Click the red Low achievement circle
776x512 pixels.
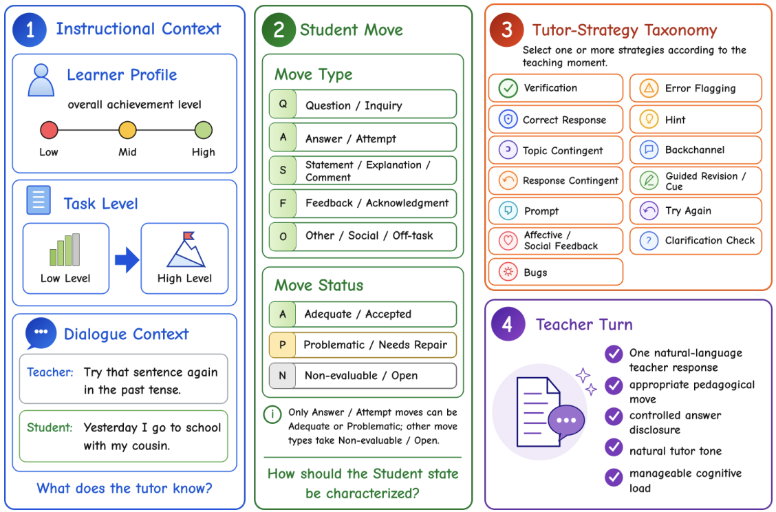pyautogui.click(x=49, y=130)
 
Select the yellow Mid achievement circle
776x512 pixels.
pyautogui.click(x=127, y=130)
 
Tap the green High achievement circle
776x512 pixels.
pyautogui.click(x=204, y=130)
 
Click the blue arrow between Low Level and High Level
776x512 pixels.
pyautogui.click(x=127, y=260)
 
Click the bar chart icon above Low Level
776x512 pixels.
pyautogui.click(x=65, y=250)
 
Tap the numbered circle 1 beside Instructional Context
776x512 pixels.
pyautogui.click(x=30, y=30)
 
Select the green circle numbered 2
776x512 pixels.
pyautogui.click(x=279, y=30)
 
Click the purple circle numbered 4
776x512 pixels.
pyautogui.click(x=508, y=324)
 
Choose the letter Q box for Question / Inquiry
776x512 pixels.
pyautogui.click(x=283, y=104)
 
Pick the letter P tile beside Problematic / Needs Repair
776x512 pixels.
pyautogui.click(x=282, y=345)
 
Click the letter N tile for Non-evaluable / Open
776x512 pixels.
pyautogui.click(x=282, y=376)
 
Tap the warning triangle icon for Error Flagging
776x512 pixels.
pyautogui.click(x=649, y=89)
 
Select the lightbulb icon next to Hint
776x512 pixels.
pyautogui.click(x=649, y=119)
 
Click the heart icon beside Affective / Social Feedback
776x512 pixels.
pyautogui.click(x=508, y=241)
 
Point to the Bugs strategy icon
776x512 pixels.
pyautogui.click(x=508, y=272)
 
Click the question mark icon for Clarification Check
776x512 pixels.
pyautogui.click(x=649, y=241)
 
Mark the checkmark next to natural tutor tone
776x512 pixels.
pyautogui.click(x=614, y=447)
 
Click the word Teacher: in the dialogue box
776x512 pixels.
pyautogui.click(x=50, y=372)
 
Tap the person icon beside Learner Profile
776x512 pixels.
pyautogui.click(x=41, y=80)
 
